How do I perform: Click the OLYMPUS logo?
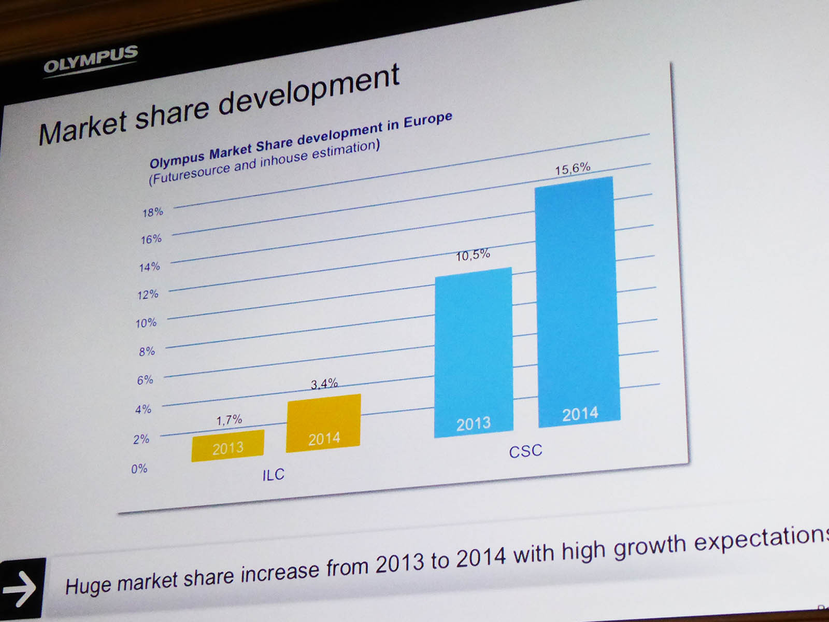pyautogui.click(x=91, y=60)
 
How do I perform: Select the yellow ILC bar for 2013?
pyautogui.click(x=228, y=445)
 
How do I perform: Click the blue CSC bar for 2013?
pyautogui.click(x=474, y=352)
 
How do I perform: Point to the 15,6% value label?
pyautogui.click(x=573, y=169)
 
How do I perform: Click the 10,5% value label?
pyautogui.click(x=473, y=255)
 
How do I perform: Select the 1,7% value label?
pyautogui.click(x=229, y=420)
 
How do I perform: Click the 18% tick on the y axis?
pyautogui.click(x=153, y=212)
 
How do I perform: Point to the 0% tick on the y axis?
pyautogui.click(x=139, y=469)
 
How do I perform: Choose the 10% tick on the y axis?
pyautogui.click(x=146, y=323)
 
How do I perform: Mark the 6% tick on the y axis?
pyautogui.click(x=146, y=380)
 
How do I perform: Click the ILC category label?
pyautogui.click(x=273, y=475)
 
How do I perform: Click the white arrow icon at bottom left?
pyautogui.click(x=20, y=589)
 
